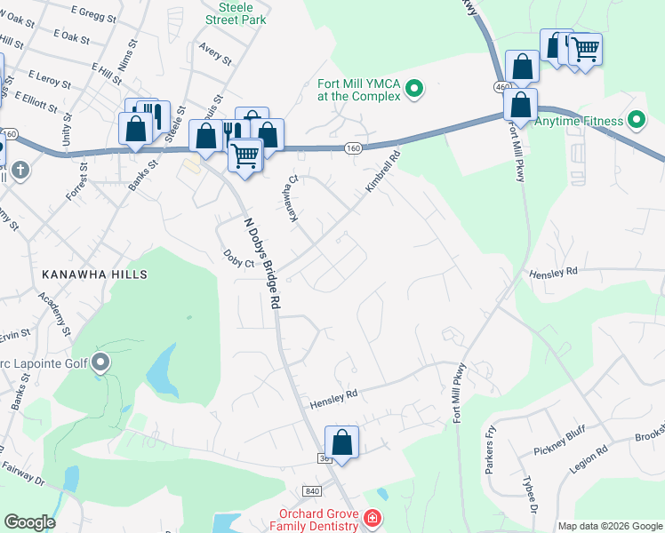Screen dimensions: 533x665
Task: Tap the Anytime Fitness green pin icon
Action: (x=636, y=119)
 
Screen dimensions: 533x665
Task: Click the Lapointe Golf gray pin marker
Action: (x=100, y=362)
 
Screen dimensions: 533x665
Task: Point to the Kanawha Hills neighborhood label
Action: (x=93, y=275)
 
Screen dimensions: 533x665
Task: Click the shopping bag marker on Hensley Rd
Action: (x=341, y=442)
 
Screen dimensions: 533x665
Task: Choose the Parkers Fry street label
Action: (x=489, y=449)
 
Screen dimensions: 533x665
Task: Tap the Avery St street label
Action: (x=215, y=54)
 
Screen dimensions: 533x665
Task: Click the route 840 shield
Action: (x=311, y=491)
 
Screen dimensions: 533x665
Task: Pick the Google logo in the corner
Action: (x=29, y=522)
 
